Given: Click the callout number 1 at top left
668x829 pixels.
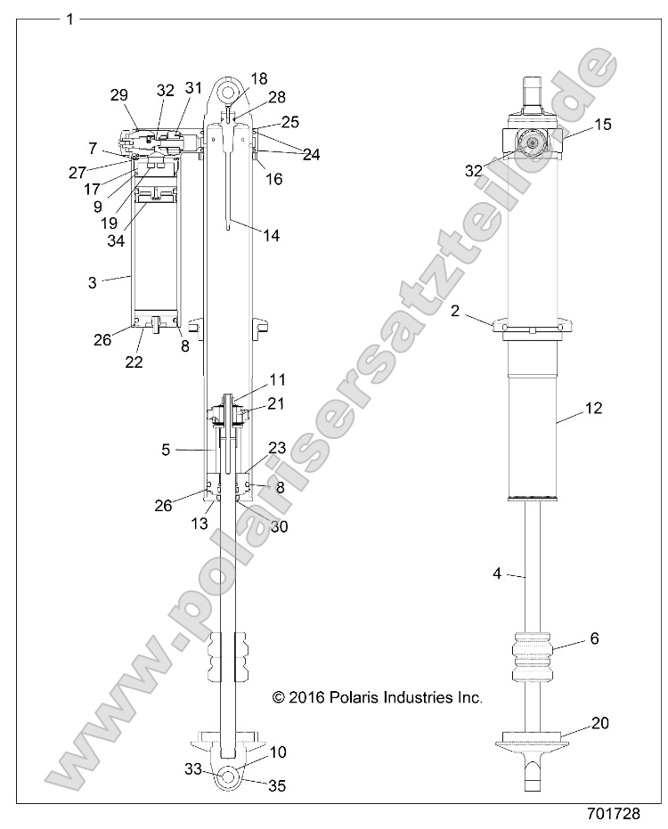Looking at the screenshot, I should click(69, 18).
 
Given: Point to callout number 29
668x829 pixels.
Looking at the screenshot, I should click(118, 94).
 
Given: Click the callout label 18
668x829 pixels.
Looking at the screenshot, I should click(259, 78).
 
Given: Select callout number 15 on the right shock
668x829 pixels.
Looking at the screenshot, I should click(603, 126).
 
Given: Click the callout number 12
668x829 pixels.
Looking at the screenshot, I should click(594, 409).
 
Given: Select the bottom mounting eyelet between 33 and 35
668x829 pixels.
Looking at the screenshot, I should click(228, 776).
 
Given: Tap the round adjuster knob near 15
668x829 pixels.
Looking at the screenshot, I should click(534, 142).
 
